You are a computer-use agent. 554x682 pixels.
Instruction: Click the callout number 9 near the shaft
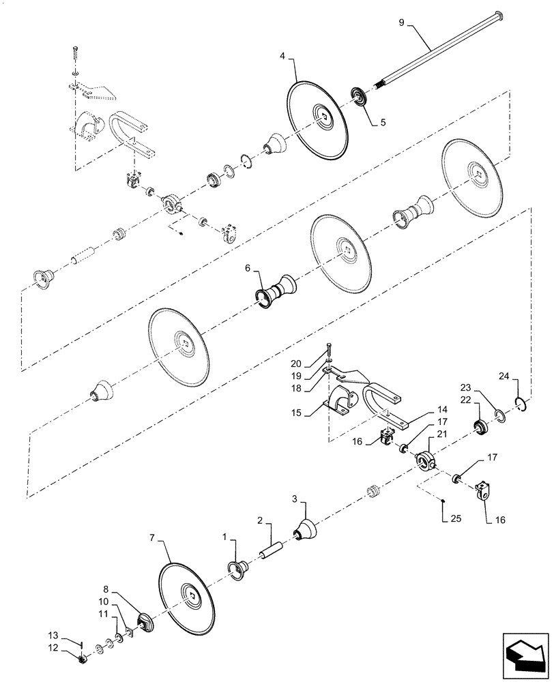pos(401,23)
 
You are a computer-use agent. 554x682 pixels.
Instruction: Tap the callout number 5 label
pos(383,123)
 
